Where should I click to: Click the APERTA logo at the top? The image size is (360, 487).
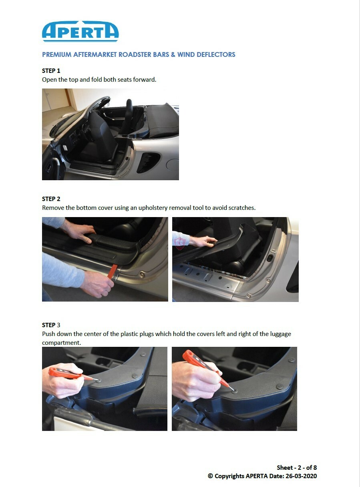tap(80, 31)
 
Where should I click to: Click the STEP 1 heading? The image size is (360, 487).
tap(51, 71)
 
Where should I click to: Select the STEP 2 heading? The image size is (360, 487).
tap(51, 199)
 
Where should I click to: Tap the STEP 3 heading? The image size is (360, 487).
tap(51, 325)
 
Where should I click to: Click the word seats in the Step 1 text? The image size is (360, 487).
tap(125, 79)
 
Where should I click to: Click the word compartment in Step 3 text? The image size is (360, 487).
tap(61, 343)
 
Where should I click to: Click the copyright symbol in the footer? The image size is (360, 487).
tap(210, 476)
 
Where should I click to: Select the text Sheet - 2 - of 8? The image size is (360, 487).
tap(297, 468)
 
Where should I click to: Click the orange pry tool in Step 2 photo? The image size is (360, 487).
tap(113, 272)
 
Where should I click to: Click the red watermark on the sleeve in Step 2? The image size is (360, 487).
tap(180, 243)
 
